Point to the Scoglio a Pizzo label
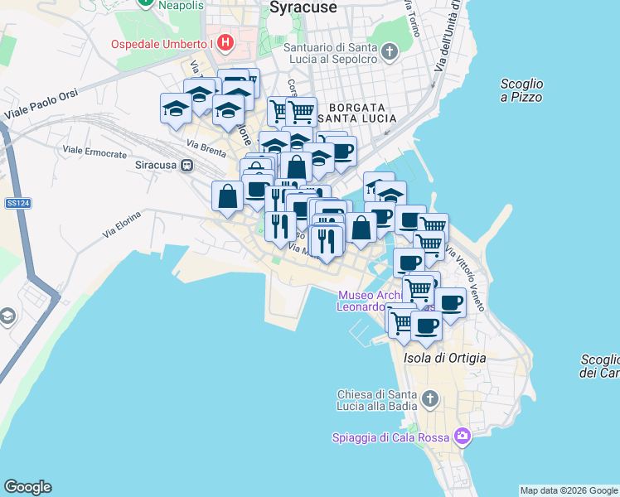(521, 90)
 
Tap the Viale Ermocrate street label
(94, 154)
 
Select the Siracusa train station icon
(188, 165)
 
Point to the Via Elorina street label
(122, 224)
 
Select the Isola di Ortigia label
(444, 358)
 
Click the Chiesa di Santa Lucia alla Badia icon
(429, 400)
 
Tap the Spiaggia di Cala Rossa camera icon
(462, 436)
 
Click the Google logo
(27, 487)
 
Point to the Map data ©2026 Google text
(569, 490)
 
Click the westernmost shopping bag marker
(227, 197)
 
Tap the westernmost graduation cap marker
(176, 109)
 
